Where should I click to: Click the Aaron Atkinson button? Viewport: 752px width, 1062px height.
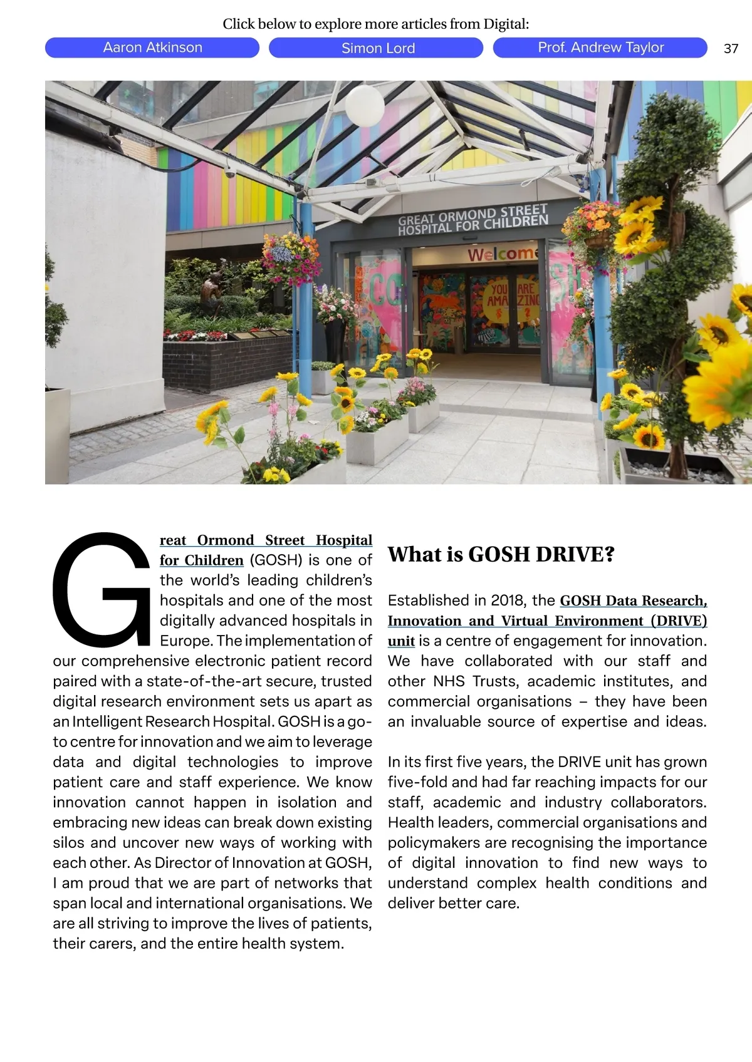[x=152, y=48]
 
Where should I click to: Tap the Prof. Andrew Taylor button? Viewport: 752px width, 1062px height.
[x=600, y=48]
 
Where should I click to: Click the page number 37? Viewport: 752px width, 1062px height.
[x=731, y=49]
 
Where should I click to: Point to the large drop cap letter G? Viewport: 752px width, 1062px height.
[x=100, y=589]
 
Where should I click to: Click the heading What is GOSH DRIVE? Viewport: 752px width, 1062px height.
[x=501, y=554]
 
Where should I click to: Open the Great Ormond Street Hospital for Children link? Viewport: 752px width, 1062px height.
[x=266, y=540]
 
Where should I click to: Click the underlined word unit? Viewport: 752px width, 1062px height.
[x=401, y=641]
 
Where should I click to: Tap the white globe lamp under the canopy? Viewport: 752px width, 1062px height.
[x=364, y=105]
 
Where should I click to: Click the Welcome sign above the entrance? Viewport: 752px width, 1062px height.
[x=503, y=254]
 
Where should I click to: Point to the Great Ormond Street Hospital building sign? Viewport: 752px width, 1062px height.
[x=473, y=220]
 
